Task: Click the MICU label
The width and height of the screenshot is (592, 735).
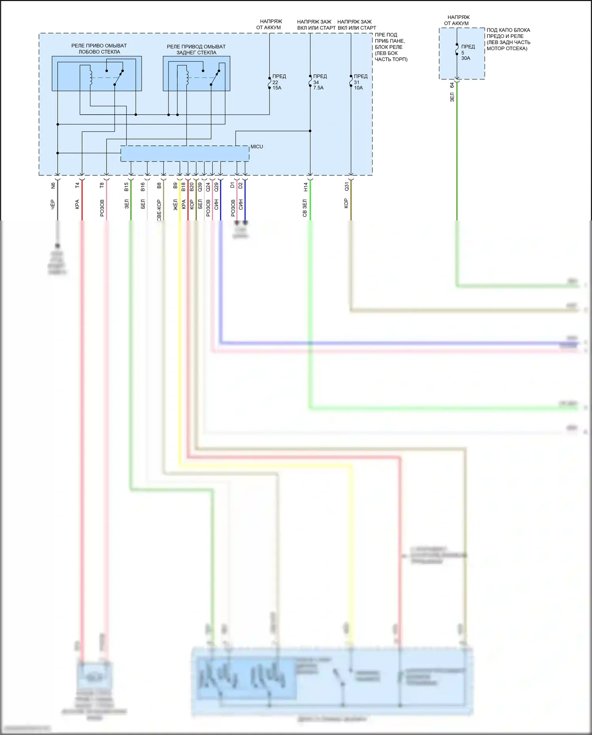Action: (x=257, y=147)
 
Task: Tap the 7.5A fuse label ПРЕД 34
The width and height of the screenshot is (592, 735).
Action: (x=319, y=82)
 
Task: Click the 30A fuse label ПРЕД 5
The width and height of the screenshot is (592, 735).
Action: (x=467, y=52)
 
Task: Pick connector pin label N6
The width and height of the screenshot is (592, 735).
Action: (x=53, y=185)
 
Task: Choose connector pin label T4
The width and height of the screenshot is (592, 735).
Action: (x=77, y=185)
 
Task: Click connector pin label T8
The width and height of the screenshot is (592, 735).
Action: (x=102, y=185)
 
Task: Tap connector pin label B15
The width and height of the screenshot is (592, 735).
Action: (x=126, y=186)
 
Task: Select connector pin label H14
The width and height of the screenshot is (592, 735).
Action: (x=305, y=186)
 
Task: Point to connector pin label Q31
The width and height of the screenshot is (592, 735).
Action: (x=347, y=186)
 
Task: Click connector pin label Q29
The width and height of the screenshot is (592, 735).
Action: (x=216, y=187)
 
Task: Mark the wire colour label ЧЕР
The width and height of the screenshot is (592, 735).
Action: (x=53, y=204)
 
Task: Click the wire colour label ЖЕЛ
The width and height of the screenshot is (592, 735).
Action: (x=175, y=204)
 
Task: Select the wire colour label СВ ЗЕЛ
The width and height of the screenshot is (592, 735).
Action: (x=305, y=208)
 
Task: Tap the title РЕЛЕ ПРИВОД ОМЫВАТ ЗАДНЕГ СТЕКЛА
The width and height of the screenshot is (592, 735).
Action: (x=196, y=49)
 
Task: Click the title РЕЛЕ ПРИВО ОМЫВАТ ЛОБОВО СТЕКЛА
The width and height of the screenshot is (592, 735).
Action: (x=99, y=49)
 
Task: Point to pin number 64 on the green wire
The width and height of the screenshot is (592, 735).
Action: (x=452, y=85)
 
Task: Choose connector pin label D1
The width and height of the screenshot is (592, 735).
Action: (x=232, y=185)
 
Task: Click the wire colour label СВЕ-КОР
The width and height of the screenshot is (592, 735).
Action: (x=159, y=209)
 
